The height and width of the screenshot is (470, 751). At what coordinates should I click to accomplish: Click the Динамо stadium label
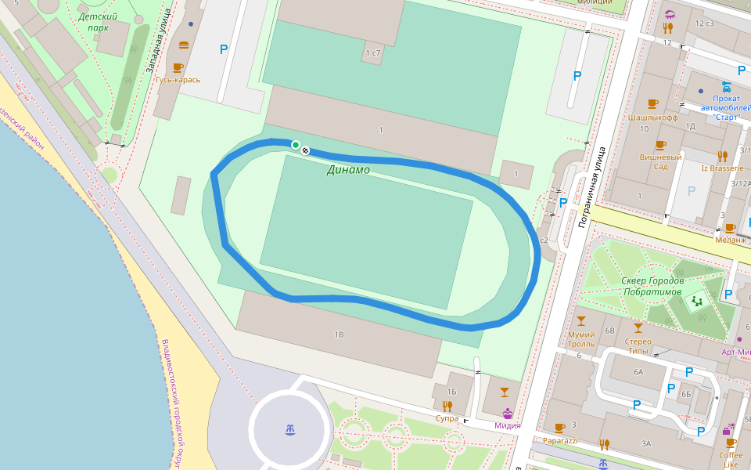click(348, 169)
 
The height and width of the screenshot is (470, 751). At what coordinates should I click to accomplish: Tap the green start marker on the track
click(296, 144)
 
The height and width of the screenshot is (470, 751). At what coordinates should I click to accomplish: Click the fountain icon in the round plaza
click(290, 429)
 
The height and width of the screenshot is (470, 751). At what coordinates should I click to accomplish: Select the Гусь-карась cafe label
click(178, 79)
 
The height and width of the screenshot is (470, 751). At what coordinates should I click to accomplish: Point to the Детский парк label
click(98, 21)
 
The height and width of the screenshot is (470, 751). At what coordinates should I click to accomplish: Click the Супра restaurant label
click(447, 418)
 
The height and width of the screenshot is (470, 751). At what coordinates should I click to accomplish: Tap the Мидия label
click(507, 425)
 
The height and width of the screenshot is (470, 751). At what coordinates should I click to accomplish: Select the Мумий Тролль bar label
click(580, 338)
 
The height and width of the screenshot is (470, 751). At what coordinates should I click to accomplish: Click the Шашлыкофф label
click(652, 117)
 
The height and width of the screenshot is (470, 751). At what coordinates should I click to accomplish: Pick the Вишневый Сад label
click(660, 161)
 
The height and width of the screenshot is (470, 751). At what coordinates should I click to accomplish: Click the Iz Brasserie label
click(722, 168)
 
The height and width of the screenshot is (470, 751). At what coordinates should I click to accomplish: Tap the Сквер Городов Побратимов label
click(652, 286)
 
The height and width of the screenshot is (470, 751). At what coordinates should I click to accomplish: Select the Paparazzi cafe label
click(559, 440)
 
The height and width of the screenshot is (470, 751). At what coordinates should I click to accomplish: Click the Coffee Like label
click(731, 460)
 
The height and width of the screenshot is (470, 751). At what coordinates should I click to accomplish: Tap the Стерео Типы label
click(638, 345)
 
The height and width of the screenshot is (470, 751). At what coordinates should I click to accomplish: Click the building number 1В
click(339, 334)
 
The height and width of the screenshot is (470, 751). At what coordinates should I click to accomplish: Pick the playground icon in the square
click(696, 300)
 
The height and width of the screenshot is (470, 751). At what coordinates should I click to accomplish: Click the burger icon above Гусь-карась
click(183, 45)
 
